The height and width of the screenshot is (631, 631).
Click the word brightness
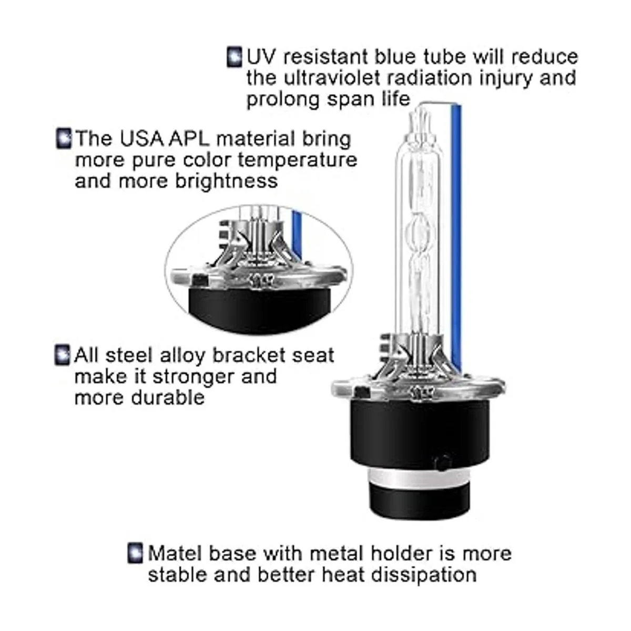click(x=227, y=181)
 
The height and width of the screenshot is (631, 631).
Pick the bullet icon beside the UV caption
click(x=235, y=57)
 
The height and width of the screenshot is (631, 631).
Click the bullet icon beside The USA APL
click(x=64, y=139)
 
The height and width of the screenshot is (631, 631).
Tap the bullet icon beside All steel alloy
click(x=62, y=355)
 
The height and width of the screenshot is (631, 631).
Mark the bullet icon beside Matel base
click(x=135, y=554)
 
